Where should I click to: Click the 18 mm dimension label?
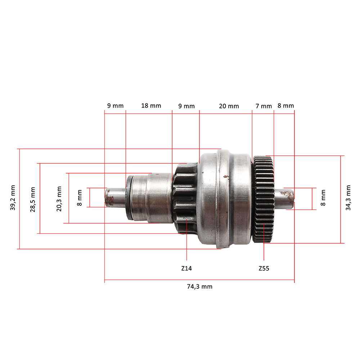151,105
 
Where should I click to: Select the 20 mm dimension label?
229,106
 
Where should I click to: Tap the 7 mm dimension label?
264,106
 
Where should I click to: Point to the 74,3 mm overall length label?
199,287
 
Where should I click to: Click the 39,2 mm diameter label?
13,198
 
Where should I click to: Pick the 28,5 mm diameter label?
33,199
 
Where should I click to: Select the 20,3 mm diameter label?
59,199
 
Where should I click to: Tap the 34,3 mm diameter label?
348,198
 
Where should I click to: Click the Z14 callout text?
186,269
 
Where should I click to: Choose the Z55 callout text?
264,269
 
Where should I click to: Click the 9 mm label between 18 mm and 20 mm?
186,106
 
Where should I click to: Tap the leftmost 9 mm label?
115,105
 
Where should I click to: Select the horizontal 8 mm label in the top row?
285,105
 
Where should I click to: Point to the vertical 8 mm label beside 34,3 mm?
323,198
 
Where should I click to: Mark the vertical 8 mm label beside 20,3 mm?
80,198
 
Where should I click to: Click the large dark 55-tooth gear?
264,199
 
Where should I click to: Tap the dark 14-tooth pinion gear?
185,198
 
